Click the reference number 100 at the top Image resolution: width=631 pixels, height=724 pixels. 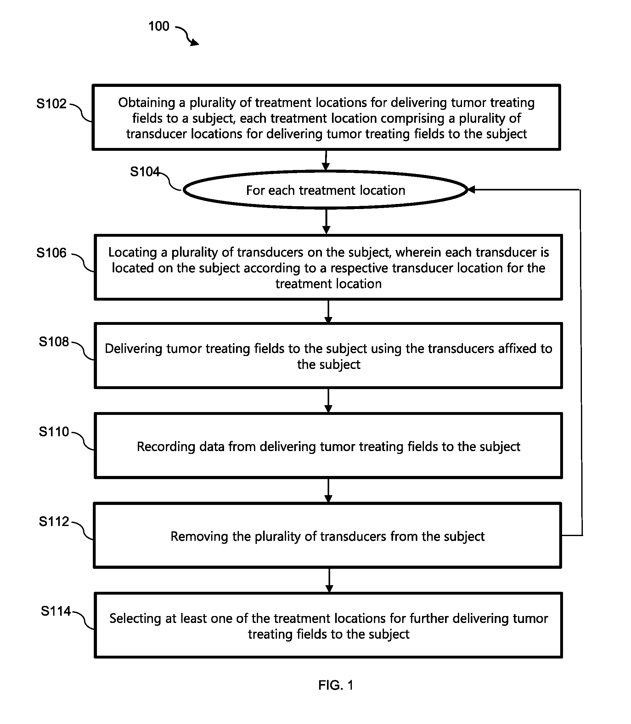(x=159, y=26)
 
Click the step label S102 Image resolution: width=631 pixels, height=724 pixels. (x=51, y=104)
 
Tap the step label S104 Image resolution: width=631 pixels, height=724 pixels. (x=145, y=172)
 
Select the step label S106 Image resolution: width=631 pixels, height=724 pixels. (x=51, y=253)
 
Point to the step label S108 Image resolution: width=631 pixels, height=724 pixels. (x=54, y=342)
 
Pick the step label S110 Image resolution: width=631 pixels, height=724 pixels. (x=54, y=432)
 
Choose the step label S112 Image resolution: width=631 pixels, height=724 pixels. (x=54, y=522)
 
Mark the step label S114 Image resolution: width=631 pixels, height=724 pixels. (x=56, y=611)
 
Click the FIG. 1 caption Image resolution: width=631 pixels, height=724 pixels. (x=335, y=685)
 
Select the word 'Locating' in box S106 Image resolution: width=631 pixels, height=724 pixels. (x=133, y=252)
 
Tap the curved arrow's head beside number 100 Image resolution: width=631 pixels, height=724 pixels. (x=195, y=42)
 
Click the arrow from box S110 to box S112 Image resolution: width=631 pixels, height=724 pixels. (x=329, y=490)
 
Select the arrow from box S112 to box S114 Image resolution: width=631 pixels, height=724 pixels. (x=329, y=580)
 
